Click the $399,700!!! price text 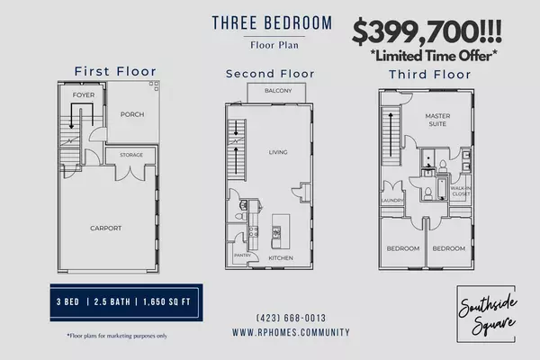click(427, 31)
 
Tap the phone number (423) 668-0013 click(291, 318)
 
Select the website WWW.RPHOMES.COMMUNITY click(291, 332)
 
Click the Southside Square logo click(486, 314)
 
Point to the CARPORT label click(105, 228)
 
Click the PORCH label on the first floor click(132, 114)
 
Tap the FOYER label click(84, 95)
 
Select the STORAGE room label click(131, 155)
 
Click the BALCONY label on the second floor click(278, 91)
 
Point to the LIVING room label click(278, 152)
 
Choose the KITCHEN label click(281, 257)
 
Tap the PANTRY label click(242, 256)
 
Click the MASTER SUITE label click(437, 120)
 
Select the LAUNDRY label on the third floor click(391, 201)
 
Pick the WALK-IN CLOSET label click(461, 191)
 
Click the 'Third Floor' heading click(430, 75)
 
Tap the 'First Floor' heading click(115, 71)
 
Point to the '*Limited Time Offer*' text click(434, 56)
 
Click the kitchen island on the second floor click(281, 231)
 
